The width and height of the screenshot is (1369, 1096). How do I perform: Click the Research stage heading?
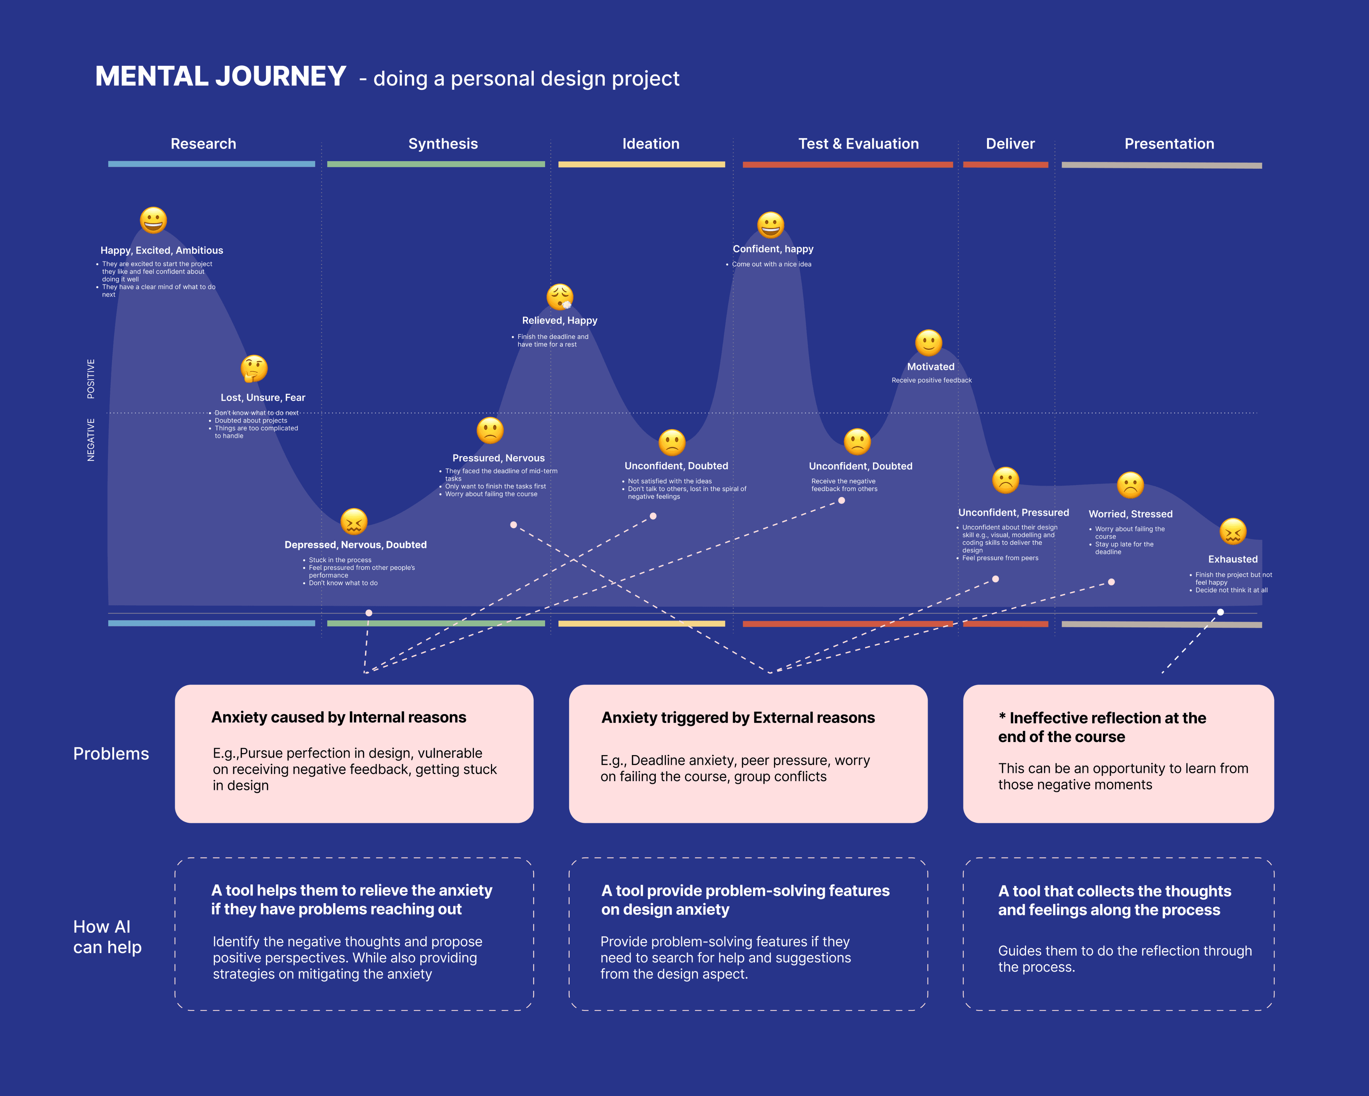(x=203, y=144)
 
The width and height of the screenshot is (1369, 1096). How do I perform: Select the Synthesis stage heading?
(x=443, y=144)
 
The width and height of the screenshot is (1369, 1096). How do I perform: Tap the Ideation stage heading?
(x=651, y=144)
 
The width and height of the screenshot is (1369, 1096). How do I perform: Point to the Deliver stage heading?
(x=1010, y=144)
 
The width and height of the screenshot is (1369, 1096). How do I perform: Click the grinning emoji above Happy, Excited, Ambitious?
(x=154, y=220)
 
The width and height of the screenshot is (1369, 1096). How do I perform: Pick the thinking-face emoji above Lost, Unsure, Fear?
(x=254, y=368)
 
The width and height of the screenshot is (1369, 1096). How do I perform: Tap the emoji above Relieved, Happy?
(x=560, y=296)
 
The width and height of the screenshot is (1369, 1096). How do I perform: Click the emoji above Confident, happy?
(x=771, y=225)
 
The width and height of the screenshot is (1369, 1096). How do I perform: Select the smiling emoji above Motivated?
(x=928, y=343)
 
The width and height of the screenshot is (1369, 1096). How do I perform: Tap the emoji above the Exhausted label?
(x=1233, y=531)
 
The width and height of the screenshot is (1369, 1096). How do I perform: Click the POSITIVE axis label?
(x=91, y=379)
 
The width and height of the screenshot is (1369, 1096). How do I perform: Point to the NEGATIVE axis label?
(x=91, y=440)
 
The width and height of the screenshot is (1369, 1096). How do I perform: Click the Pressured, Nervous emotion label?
(x=498, y=458)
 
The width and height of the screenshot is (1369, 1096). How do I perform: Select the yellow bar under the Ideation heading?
(x=641, y=164)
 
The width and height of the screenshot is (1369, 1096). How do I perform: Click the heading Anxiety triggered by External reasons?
(x=738, y=718)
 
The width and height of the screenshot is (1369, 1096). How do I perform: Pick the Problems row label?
(x=111, y=754)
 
